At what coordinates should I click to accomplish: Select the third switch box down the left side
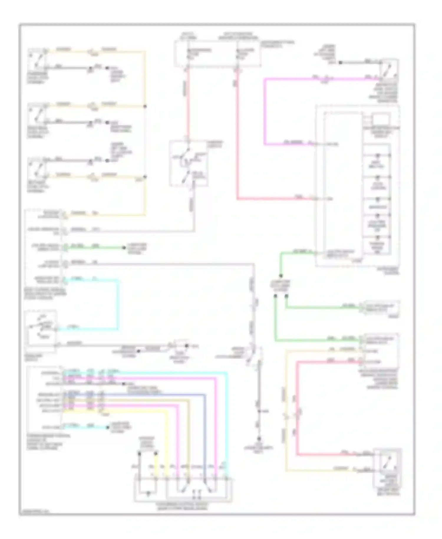click(x=37, y=169)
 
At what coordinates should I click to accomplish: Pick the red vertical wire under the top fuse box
click(x=188, y=103)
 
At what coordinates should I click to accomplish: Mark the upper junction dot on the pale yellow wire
click(x=145, y=106)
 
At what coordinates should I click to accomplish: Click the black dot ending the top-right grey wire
click(x=340, y=63)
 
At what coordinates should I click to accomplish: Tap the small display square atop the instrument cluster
click(x=381, y=119)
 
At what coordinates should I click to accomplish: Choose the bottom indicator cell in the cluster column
click(x=377, y=245)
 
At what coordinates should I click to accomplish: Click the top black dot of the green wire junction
click(x=281, y=276)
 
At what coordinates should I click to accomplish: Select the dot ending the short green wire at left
click(x=124, y=248)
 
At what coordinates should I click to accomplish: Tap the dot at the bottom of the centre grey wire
click(x=259, y=438)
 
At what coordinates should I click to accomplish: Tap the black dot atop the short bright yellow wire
click(x=156, y=452)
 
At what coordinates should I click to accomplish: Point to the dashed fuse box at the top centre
click(x=217, y=54)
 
